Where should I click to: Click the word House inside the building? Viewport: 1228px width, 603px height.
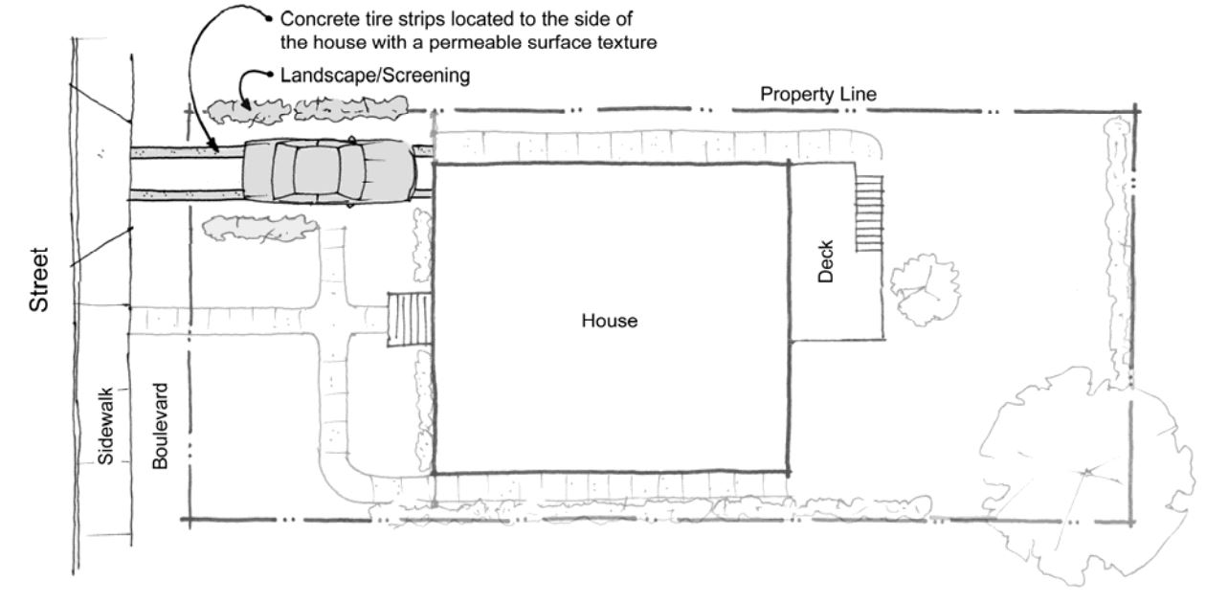point(609,321)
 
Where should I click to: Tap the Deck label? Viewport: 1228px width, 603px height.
point(825,261)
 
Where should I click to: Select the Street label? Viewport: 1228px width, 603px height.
point(39,280)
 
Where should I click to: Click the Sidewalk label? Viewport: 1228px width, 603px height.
point(104,426)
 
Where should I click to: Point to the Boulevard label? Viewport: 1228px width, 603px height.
point(160,426)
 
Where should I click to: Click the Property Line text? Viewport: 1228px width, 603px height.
point(818,95)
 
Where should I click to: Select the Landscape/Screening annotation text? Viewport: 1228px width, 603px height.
point(375,75)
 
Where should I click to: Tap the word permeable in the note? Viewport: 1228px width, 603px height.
point(475,42)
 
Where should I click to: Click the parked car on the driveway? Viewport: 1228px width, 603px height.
point(329,171)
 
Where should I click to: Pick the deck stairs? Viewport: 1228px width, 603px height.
point(869,213)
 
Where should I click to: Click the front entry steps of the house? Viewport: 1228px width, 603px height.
point(410,319)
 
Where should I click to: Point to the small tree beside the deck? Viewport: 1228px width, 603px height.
point(925,289)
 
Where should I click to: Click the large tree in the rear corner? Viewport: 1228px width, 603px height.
point(1085,474)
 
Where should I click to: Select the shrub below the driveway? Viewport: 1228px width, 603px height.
point(259,228)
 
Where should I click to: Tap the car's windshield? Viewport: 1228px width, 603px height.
point(351,171)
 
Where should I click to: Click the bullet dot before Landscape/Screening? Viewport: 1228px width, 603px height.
point(269,75)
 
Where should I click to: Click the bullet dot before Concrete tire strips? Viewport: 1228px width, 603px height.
point(269,19)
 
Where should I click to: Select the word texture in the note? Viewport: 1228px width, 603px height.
point(627,42)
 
